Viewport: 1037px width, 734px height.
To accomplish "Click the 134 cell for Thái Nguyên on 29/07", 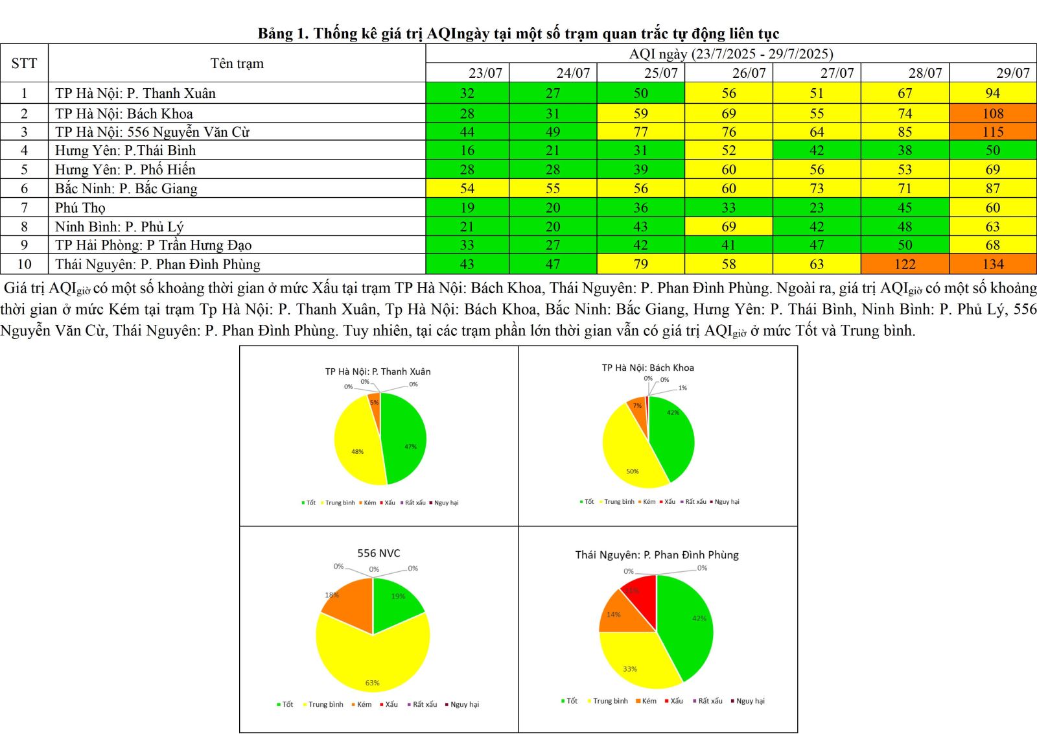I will [992, 264].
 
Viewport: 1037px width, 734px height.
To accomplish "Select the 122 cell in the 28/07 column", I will [905, 264].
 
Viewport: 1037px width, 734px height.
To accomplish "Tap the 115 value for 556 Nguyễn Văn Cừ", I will [992, 132].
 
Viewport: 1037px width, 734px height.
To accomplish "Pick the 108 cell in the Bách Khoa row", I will [992, 113].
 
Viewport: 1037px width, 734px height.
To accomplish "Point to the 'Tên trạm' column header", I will [237, 64].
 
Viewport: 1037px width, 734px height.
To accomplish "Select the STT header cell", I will [24, 64].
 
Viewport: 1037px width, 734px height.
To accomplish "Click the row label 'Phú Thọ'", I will [80, 207].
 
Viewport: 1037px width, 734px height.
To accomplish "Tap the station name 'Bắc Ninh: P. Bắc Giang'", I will [126, 189].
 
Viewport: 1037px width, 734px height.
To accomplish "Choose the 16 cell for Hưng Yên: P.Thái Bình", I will [467, 150].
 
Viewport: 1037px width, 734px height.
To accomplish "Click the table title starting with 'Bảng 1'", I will [518, 33].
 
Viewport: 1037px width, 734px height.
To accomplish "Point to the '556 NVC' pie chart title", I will [379, 553].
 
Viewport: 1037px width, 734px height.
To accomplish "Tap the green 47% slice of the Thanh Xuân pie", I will [405, 441].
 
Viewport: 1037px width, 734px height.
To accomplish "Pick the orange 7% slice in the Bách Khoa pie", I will [638, 410].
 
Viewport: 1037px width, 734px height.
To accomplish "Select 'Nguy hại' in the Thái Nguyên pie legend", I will [750, 701].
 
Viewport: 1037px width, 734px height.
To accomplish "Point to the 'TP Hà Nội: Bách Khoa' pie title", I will [647, 368].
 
